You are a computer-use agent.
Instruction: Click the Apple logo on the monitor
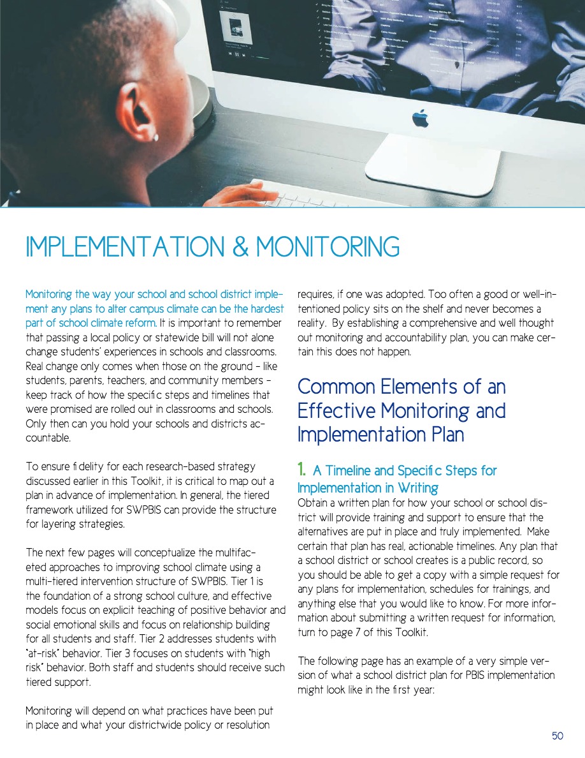pyautogui.click(x=420, y=119)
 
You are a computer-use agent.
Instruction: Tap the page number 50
pyautogui.click(x=558, y=736)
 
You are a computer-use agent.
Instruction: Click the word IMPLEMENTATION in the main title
pyautogui.click(x=120, y=247)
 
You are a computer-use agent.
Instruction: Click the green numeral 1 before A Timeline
pyautogui.click(x=302, y=471)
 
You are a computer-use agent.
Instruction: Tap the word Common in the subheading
pyautogui.click(x=336, y=387)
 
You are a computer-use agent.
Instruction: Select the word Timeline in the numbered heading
pyautogui.click(x=349, y=471)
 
